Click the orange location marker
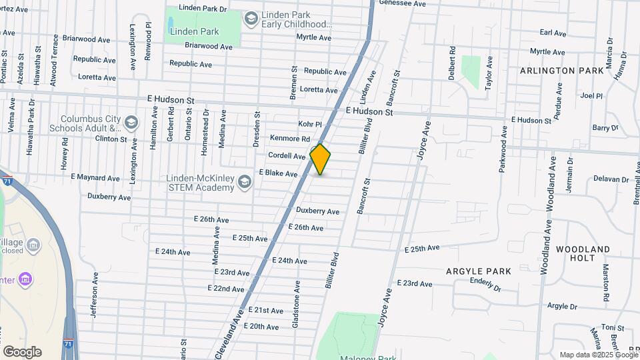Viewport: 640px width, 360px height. [320, 159]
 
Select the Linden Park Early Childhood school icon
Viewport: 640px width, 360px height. [251, 17]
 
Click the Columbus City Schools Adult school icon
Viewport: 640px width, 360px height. [131, 122]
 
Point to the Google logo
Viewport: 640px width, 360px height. [22, 352]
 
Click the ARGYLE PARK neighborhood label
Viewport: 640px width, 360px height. [479, 271]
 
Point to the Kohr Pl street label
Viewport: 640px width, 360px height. [309, 124]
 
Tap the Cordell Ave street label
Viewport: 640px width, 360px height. [287, 155]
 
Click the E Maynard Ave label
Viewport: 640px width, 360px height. [95, 178]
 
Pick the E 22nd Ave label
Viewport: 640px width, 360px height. [226, 289]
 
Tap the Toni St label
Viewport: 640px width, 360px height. [611, 327]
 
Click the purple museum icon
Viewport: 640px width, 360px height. [25, 277]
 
